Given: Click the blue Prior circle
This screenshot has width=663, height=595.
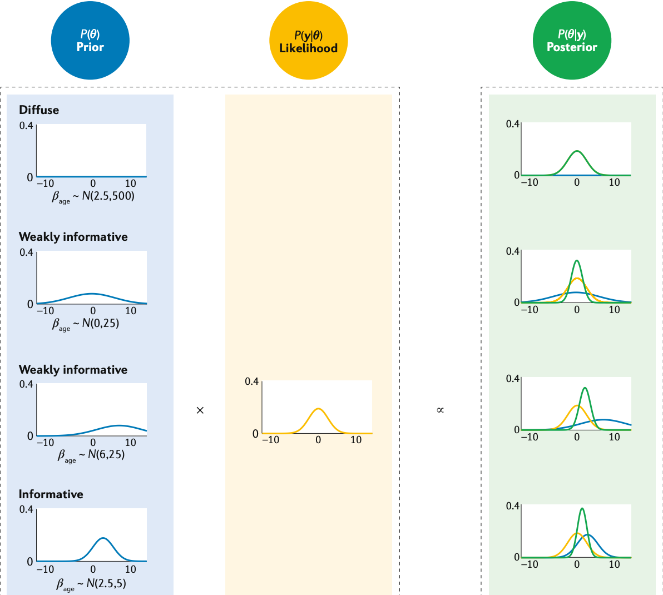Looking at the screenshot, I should [90, 41].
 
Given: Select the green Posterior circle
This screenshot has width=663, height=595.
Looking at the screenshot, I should [572, 41].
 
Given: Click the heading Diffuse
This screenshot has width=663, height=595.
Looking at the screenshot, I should [39, 110].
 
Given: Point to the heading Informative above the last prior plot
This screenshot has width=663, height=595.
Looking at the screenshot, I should [51, 494].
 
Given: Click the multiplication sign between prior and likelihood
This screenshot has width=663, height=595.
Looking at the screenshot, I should [200, 410].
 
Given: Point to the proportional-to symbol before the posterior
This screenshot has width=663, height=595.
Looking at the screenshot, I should [440, 410].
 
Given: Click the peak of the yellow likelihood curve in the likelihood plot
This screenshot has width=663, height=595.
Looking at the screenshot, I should [318, 409].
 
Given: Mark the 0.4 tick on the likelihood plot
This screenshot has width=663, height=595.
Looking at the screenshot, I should [252, 381].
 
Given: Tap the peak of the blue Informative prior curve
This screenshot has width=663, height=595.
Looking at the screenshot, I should [103, 538].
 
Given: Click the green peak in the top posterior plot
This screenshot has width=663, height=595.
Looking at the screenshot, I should [577, 151].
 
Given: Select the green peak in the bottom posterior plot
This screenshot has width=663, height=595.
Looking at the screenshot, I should [582, 508].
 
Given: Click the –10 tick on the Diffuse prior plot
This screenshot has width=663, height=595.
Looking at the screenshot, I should [45, 184].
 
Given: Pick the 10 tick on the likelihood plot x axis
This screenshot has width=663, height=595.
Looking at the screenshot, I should [356, 440].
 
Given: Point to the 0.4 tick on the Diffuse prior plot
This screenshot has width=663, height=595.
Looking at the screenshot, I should [27, 125].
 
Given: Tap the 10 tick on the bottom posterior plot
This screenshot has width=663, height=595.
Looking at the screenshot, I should [614, 564].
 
